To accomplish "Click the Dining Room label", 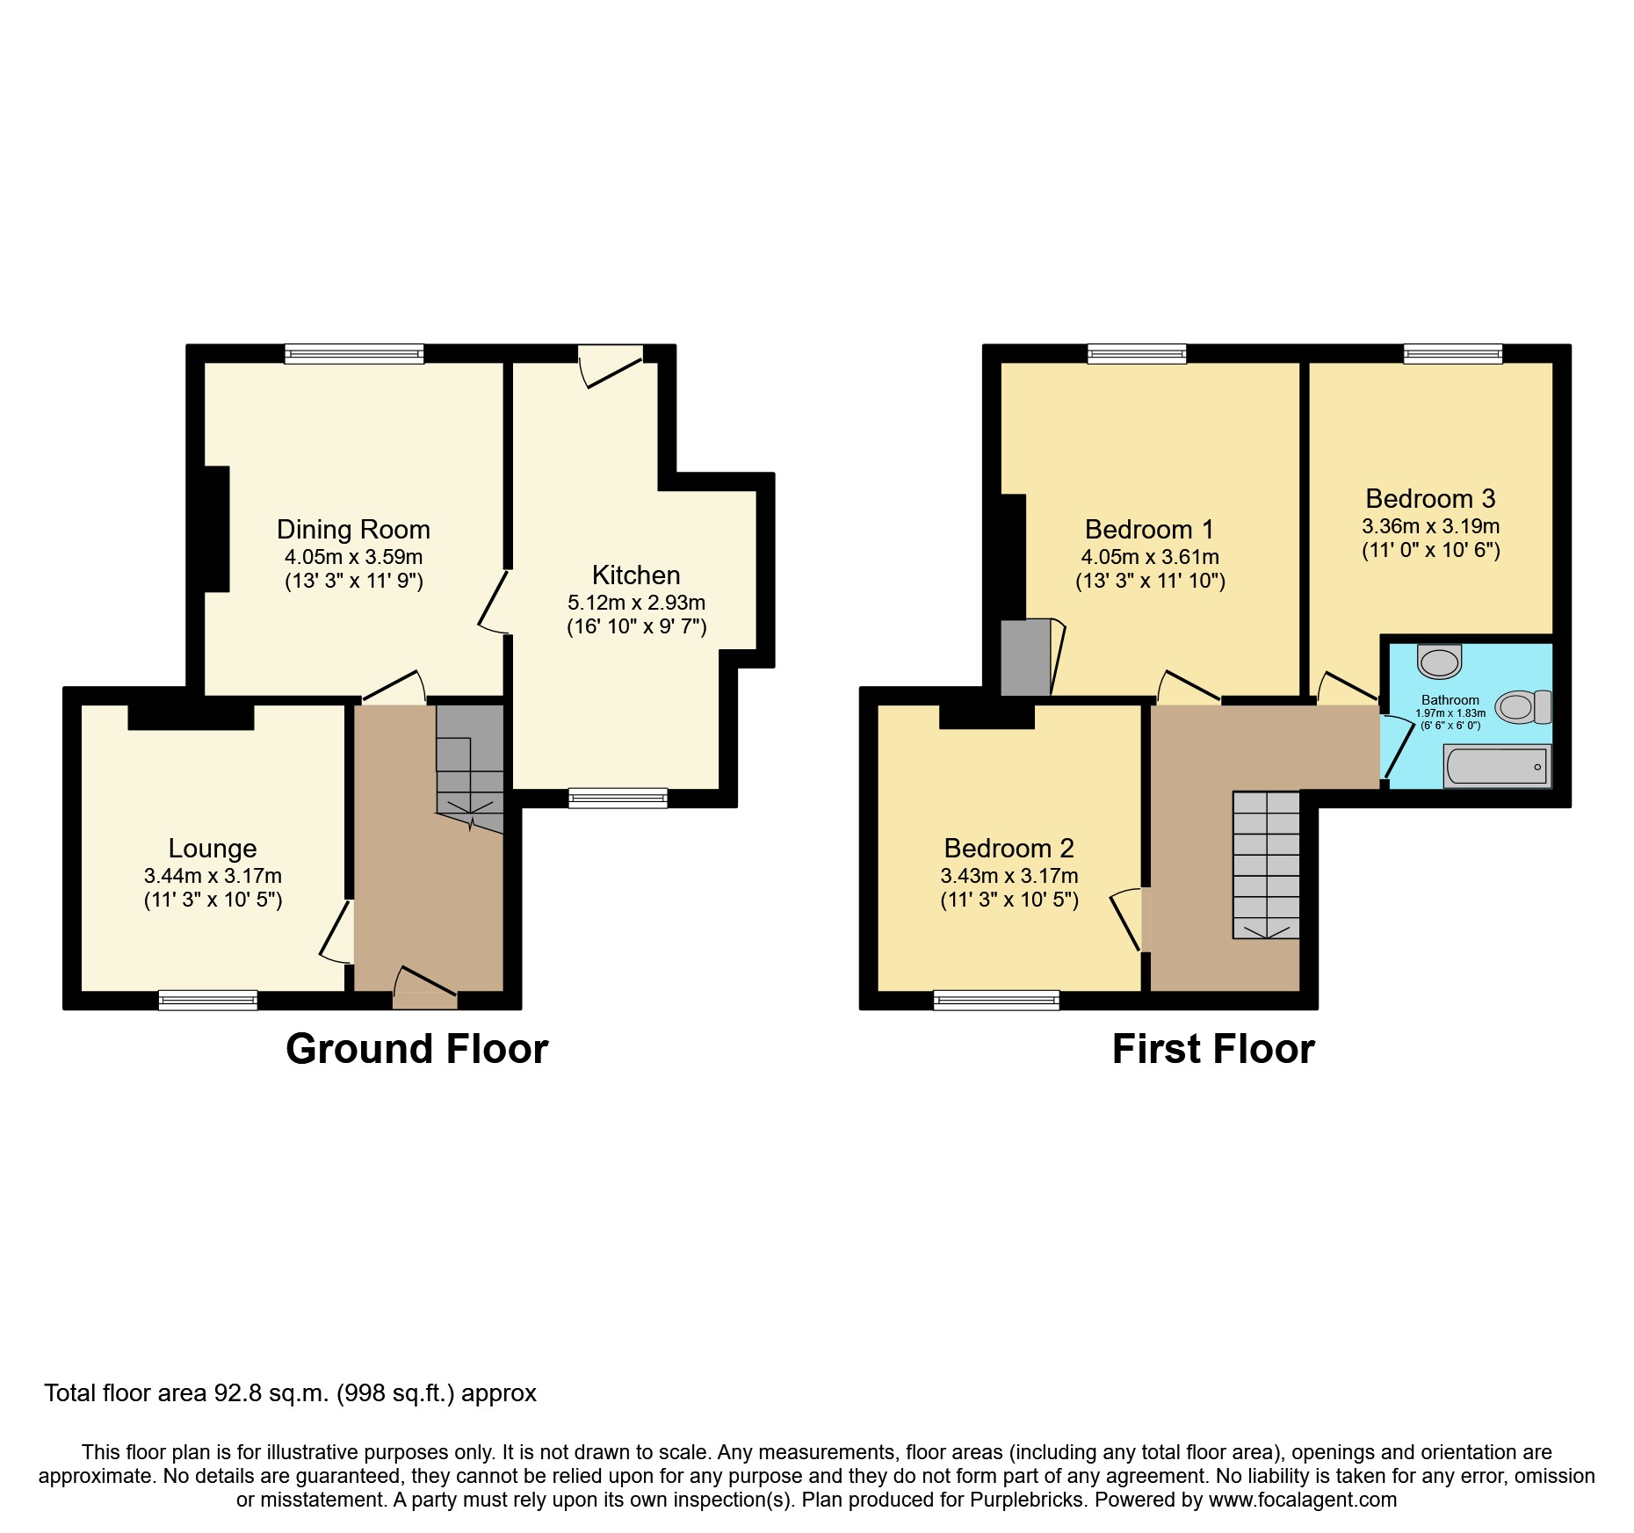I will click(353, 530).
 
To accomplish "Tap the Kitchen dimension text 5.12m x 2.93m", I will click(636, 603).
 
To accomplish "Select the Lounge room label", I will click(213, 849).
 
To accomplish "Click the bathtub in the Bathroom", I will click(1497, 766).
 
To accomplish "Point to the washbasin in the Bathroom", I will click(1439, 662).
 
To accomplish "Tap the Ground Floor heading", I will click(416, 1049).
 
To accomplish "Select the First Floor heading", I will click(1212, 1049).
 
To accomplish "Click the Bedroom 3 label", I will click(1430, 499).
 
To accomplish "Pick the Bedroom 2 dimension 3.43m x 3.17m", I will click(1009, 876).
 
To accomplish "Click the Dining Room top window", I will click(354, 354).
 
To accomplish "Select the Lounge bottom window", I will click(208, 1000).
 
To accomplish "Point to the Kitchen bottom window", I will click(618, 798).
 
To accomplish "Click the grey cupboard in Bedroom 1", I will click(1025, 657).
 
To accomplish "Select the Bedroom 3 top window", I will click(1453, 354).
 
